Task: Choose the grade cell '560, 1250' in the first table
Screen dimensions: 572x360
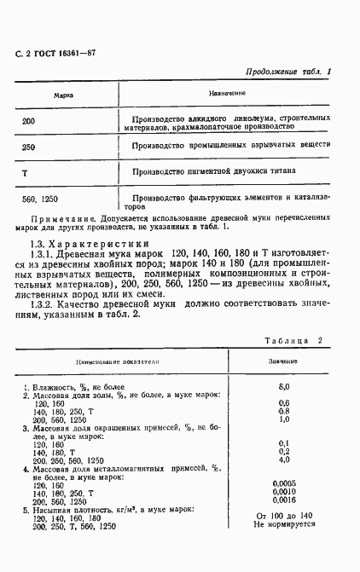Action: coord(41,199)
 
